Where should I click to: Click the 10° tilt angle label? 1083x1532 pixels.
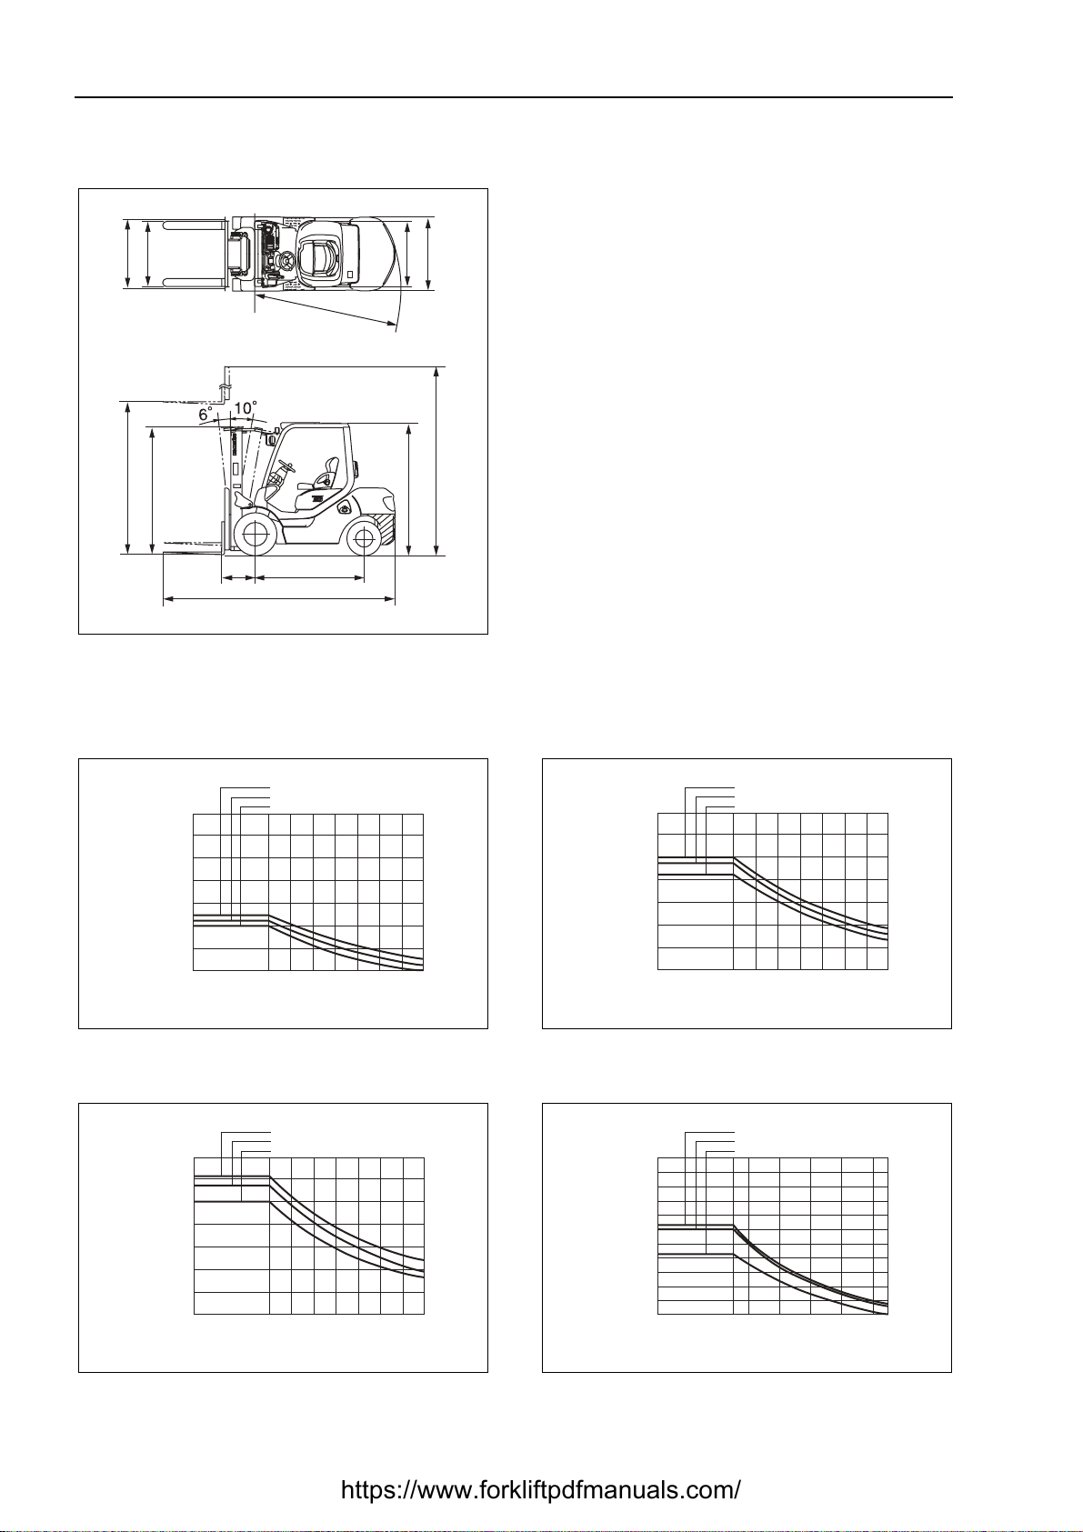(245, 408)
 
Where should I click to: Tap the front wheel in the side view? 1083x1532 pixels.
(254, 535)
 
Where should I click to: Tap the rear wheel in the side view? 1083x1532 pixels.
(364, 537)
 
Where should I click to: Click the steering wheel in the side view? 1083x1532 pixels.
(286, 468)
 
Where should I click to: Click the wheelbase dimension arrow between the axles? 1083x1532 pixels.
(308, 578)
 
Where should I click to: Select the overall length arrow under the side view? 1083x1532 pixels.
(279, 600)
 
